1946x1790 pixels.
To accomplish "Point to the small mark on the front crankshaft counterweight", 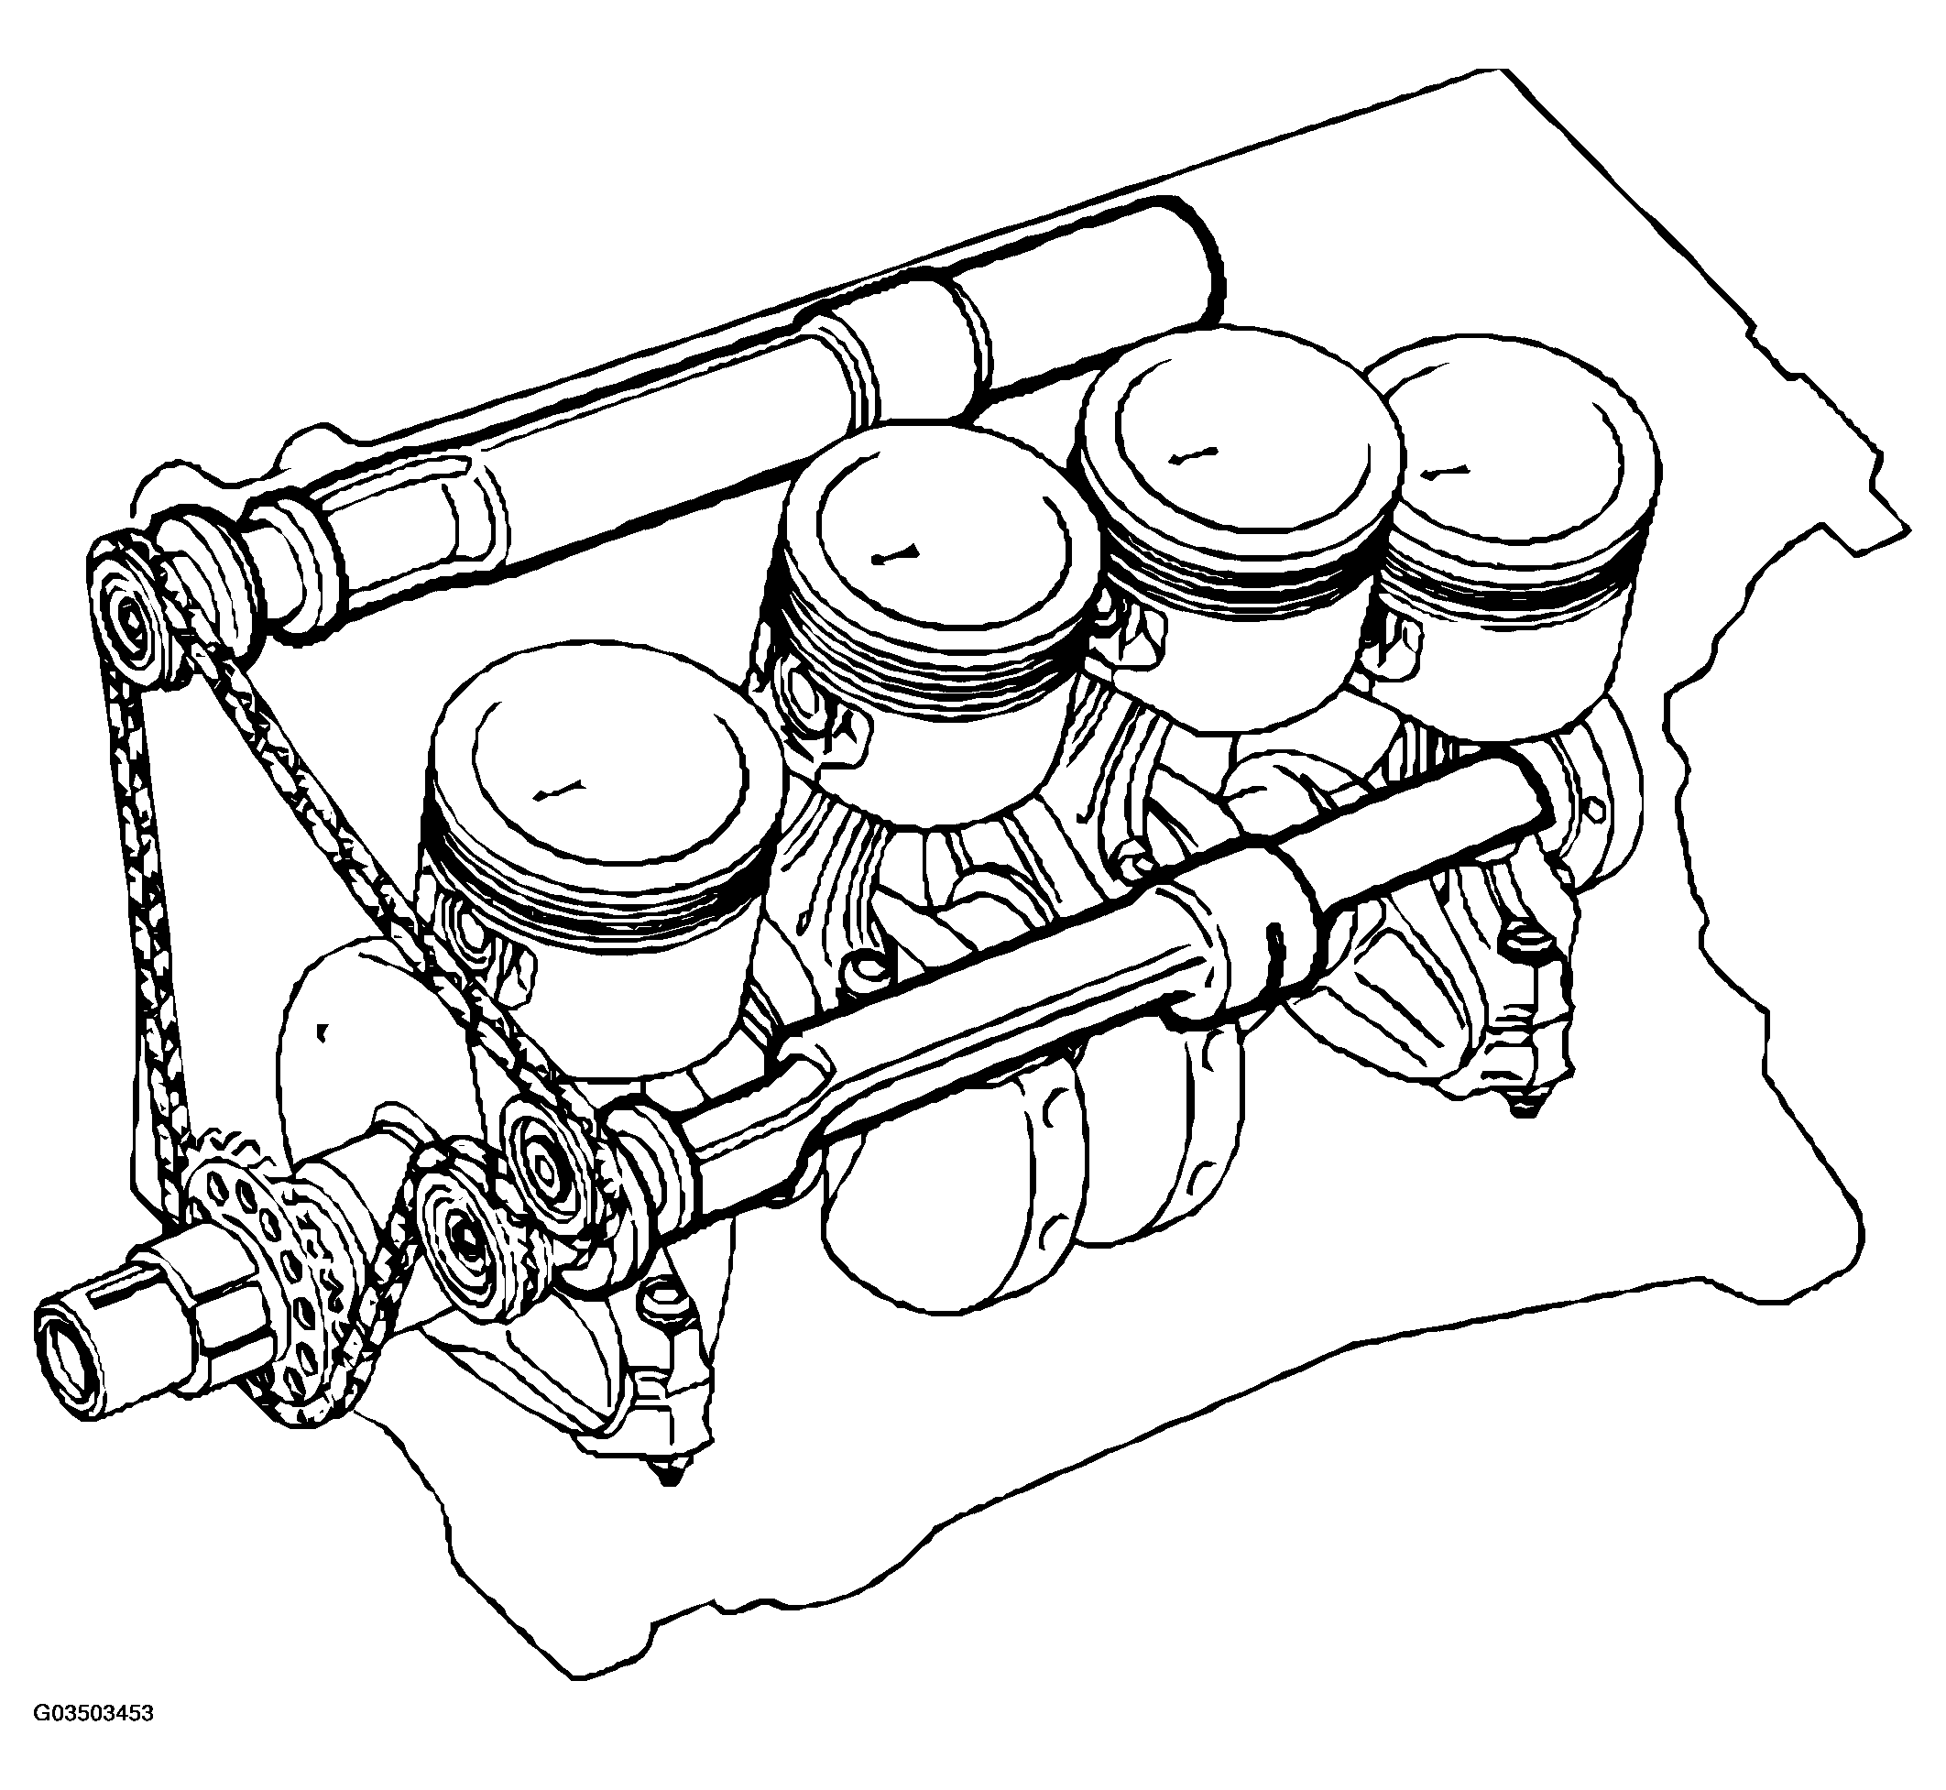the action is [x=322, y=1031].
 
